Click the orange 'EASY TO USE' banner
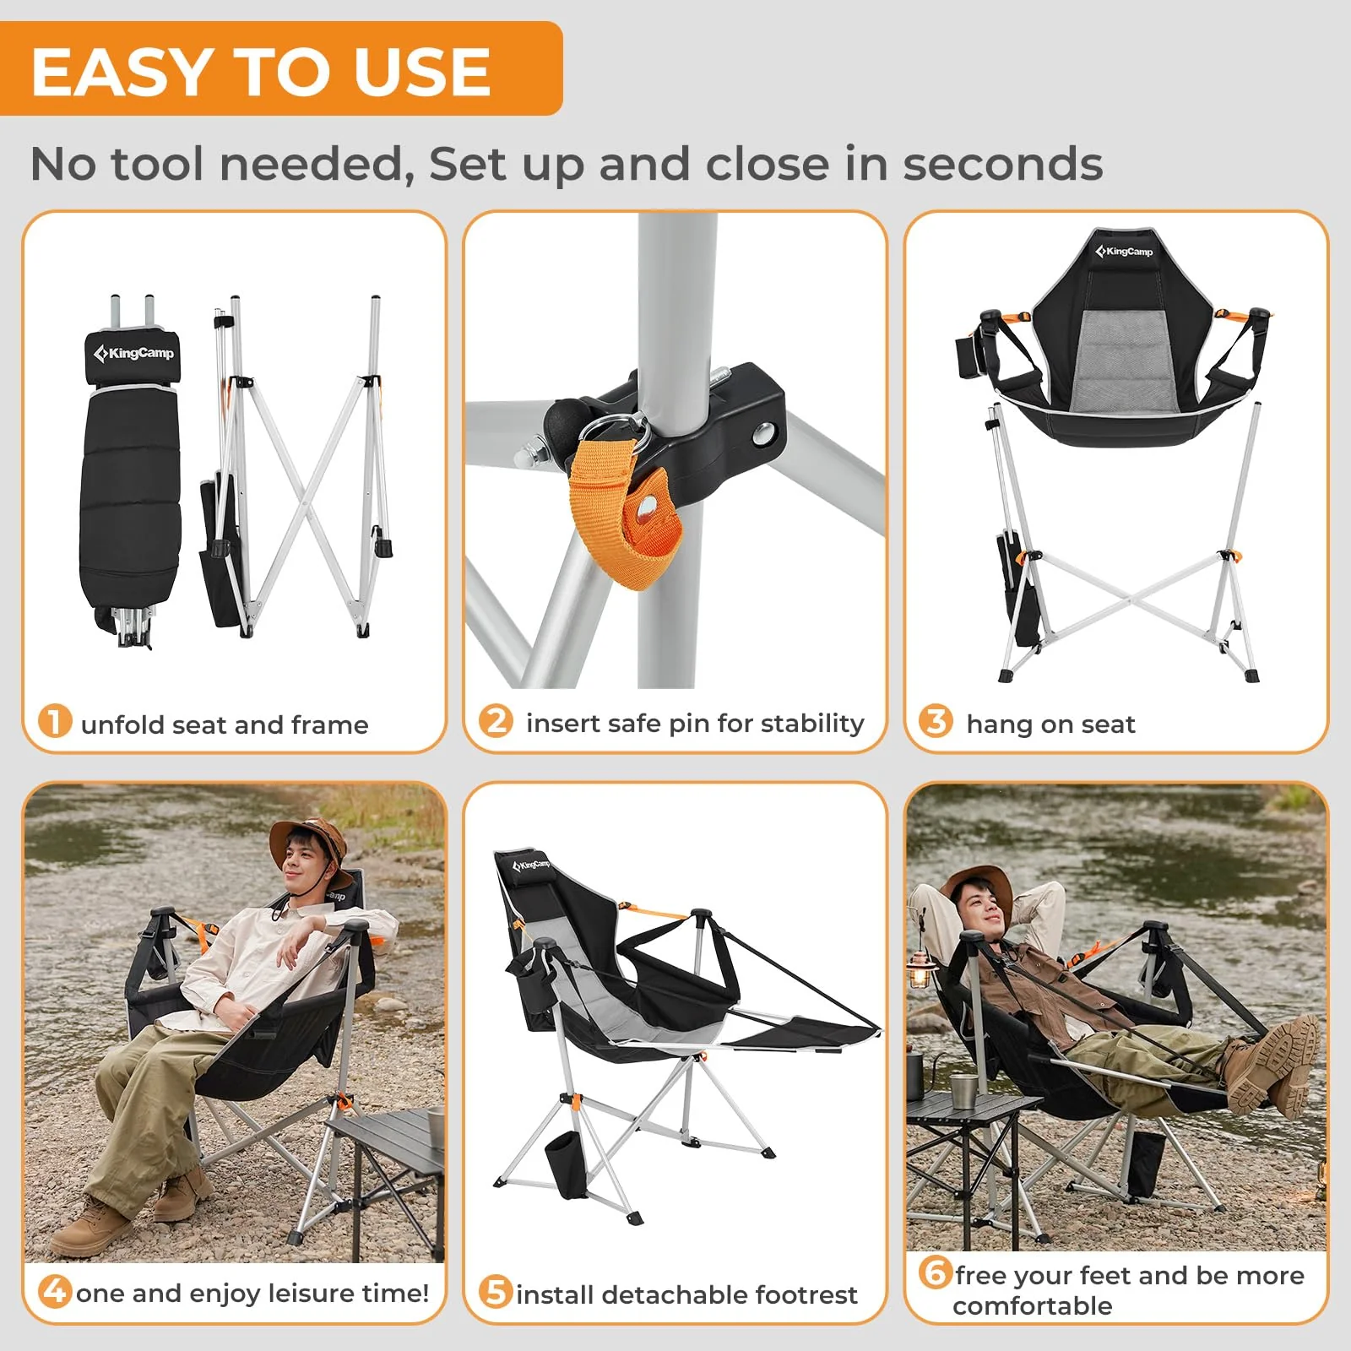tap(279, 69)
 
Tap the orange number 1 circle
tap(55, 722)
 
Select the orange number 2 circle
tap(496, 721)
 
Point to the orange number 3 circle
tap(936, 722)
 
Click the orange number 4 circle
tap(55, 1291)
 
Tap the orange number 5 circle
tap(496, 1292)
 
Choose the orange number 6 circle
tap(936, 1272)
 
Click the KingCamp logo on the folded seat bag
tap(135, 353)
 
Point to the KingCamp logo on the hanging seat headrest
tap(1124, 251)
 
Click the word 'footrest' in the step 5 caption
tap(806, 1294)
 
